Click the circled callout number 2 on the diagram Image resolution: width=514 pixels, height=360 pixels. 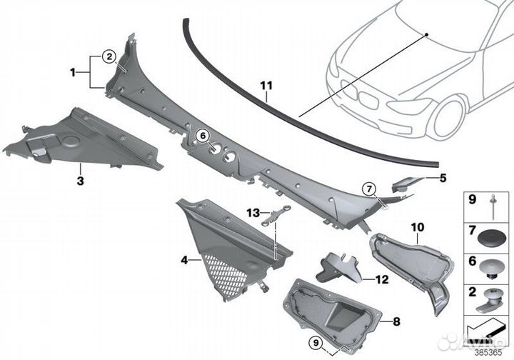click(108, 55)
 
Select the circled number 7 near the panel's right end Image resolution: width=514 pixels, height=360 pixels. click(368, 189)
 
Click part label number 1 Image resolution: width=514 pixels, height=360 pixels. click(72, 71)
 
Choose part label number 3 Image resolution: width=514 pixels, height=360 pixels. click(79, 181)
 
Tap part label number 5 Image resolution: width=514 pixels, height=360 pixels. click(443, 179)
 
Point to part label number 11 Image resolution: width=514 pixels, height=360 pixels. click(266, 88)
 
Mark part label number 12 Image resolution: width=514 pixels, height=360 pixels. click(383, 279)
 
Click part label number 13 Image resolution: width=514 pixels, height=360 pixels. click(253, 213)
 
